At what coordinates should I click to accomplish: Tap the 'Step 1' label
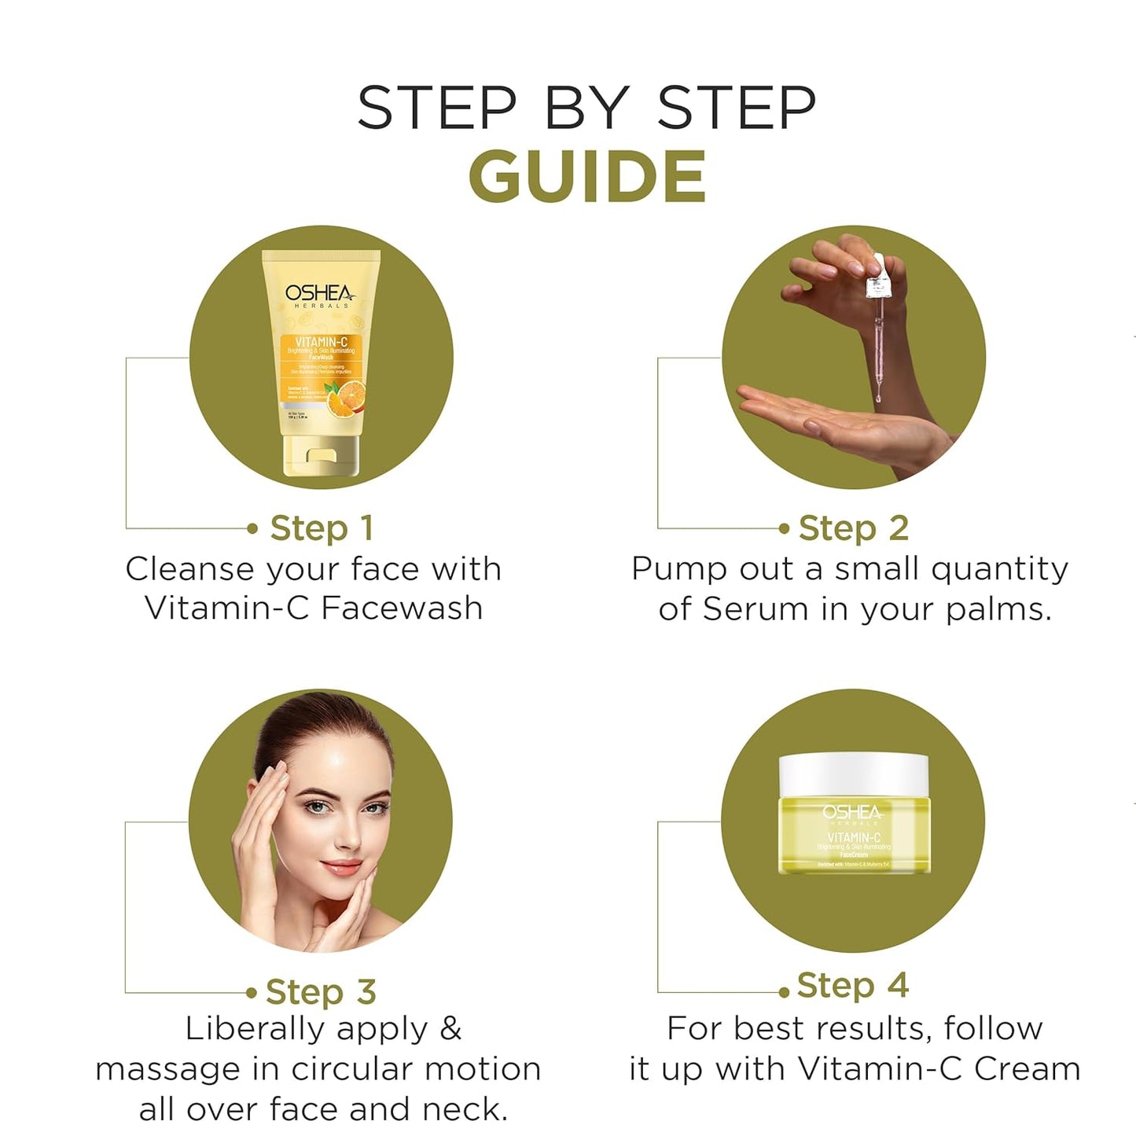321,528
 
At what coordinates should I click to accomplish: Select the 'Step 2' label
853,528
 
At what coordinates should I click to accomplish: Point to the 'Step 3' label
320,992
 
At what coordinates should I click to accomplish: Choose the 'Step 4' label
852,985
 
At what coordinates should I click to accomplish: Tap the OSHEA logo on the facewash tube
318,294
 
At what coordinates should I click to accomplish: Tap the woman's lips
341,868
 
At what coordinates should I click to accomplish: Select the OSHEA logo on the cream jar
853,812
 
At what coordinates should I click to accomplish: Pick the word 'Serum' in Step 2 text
755,609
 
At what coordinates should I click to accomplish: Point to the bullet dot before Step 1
252,529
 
